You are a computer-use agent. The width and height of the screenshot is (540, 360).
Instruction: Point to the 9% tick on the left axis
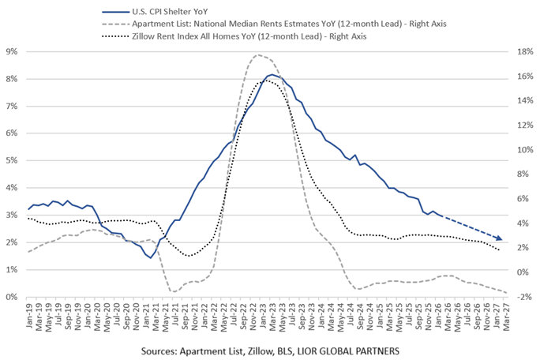pos(13,51)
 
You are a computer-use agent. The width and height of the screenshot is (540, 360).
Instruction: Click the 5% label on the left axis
pos(13,160)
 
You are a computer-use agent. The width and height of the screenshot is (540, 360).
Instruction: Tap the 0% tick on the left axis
pos(13,297)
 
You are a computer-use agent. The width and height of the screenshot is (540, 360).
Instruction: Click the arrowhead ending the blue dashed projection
pos(500,238)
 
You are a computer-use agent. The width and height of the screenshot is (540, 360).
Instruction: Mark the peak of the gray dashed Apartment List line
pos(257,55)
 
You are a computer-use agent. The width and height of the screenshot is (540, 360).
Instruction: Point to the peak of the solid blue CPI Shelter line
pos(272,75)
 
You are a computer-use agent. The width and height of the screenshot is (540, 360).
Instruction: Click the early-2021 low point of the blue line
pos(151,257)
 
